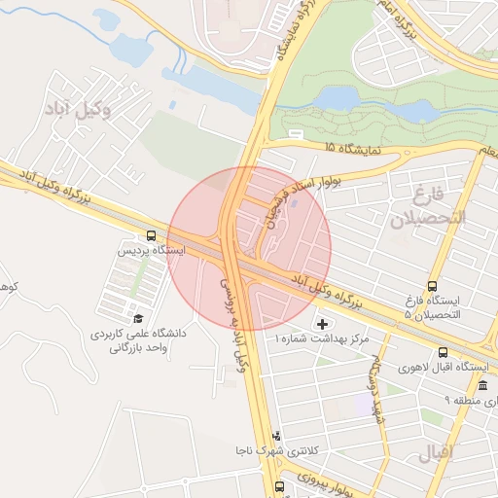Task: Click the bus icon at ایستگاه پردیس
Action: pos(151,235)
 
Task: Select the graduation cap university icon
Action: pos(137,318)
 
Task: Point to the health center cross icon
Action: pos(323,323)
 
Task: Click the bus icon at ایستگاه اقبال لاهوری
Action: pos(444,353)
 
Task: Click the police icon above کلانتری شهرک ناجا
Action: pos(277,436)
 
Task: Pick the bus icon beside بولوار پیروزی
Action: pos(279,485)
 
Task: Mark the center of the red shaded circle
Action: pos(250,247)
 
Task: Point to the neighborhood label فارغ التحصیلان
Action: pos(429,204)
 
